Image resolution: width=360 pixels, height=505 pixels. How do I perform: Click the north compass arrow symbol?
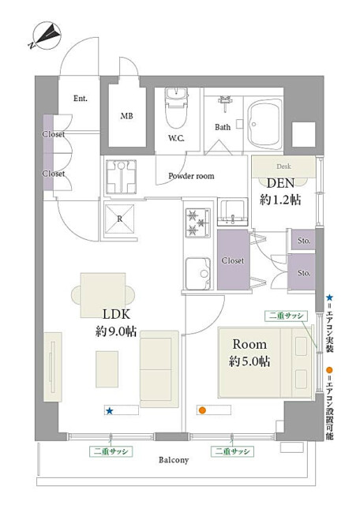[46, 36]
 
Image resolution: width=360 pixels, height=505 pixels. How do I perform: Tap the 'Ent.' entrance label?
[81, 98]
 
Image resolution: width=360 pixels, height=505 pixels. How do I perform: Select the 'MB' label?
[126, 116]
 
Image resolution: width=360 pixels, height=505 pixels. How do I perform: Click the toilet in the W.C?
[176, 108]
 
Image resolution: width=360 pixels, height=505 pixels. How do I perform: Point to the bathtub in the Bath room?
[264, 124]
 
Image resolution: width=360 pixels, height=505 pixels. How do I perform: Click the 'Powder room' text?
[191, 176]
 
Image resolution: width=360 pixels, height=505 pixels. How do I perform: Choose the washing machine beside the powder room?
[121, 177]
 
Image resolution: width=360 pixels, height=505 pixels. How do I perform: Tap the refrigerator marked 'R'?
[119, 219]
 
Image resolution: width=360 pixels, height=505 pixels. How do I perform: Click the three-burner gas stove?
[198, 223]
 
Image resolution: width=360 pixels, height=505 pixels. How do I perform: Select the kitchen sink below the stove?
[198, 274]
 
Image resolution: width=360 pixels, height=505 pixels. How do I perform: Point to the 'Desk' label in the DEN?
[283, 166]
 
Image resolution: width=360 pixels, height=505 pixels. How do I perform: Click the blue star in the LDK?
[110, 411]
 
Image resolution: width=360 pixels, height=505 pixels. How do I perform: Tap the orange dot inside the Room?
[202, 410]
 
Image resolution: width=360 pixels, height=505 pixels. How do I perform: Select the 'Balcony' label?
[174, 460]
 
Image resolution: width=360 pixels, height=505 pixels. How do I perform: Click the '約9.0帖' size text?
[116, 331]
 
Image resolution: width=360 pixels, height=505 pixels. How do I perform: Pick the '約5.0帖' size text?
[249, 361]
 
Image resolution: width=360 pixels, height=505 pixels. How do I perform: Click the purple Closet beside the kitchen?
[234, 260]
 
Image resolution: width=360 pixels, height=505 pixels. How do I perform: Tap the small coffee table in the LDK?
[107, 369]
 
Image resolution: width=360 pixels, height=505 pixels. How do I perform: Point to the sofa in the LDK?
[159, 369]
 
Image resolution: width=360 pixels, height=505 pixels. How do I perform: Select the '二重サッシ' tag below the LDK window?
[111, 451]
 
